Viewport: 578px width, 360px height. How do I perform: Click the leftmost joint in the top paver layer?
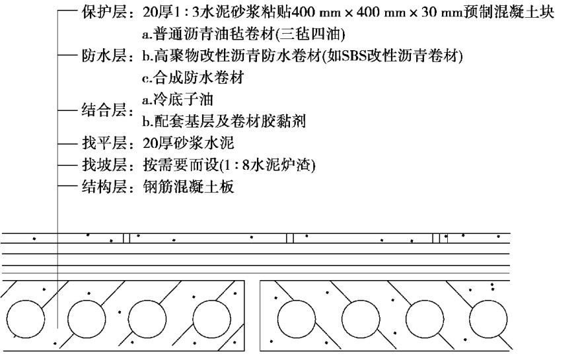click(126, 238)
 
